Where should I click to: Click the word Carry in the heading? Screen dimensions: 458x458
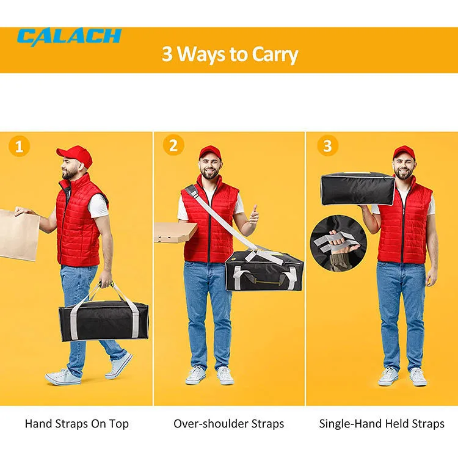[x=275, y=55]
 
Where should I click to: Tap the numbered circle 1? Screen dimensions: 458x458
[x=19, y=146]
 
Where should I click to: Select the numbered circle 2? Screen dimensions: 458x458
[x=173, y=145]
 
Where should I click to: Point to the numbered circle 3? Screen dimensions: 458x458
[x=327, y=145]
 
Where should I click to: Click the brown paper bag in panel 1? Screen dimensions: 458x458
[x=18, y=234]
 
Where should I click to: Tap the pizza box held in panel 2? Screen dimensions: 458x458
[x=175, y=232]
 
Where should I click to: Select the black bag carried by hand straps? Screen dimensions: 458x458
[x=104, y=321]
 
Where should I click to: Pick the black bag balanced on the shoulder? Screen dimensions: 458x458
[x=357, y=189]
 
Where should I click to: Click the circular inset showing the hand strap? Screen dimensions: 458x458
[x=338, y=243]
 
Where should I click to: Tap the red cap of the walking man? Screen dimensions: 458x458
[x=75, y=155]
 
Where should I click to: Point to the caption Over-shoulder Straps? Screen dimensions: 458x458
[x=229, y=424]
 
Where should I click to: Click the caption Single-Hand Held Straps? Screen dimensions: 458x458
[x=382, y=424]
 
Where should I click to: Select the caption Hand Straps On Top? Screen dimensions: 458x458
[x=76, y=424]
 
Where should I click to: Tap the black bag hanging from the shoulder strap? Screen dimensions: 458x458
[x=264, y=271]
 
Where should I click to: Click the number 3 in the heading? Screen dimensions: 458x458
[x=167, y=54]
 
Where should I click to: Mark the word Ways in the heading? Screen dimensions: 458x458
[x=202, y=55]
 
